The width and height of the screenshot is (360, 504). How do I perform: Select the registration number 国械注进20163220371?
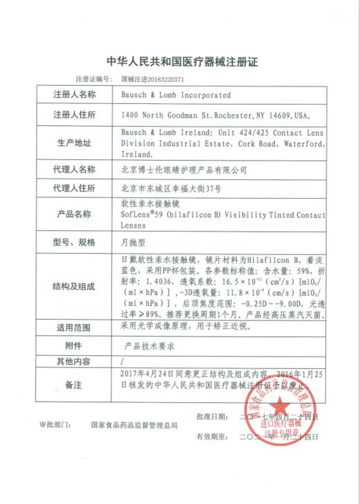coord(150,80)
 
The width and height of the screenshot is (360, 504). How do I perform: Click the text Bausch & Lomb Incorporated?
coord(176,95)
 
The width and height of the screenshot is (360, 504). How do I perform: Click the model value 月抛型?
coord(133,243)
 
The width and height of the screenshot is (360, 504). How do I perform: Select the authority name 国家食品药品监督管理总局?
coord(134,424)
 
